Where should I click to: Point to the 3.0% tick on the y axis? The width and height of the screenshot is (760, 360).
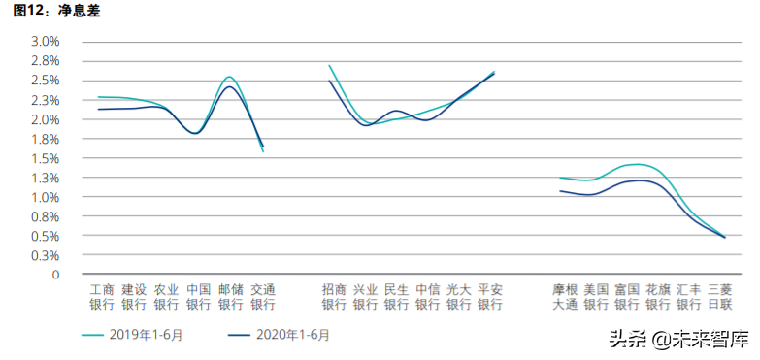tap(46, 42)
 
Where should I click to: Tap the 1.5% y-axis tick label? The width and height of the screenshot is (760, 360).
tap(46, 158)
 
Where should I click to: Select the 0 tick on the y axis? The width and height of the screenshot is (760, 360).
tap(56, 275)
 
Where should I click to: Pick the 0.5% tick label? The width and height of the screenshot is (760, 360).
tap(46, 236)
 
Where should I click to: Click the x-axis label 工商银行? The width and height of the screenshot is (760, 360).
tap(102, 297)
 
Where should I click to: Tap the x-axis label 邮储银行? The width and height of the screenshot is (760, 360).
tap(230, 297)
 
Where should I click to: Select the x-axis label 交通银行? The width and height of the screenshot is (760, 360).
tap(263, 297)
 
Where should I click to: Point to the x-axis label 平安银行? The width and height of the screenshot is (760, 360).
tap(490, 297)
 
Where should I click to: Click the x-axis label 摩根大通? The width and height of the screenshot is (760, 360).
tap(565, 297)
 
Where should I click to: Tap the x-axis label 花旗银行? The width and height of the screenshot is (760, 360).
tap(658, 297)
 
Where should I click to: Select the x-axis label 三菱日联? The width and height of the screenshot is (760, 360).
tap(719, 297)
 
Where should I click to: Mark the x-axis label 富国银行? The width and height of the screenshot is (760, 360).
tap(627, 297)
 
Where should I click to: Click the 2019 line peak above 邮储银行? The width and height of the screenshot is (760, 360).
tap(229, 77)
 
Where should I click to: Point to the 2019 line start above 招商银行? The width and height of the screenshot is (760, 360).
tap(330, 66)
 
